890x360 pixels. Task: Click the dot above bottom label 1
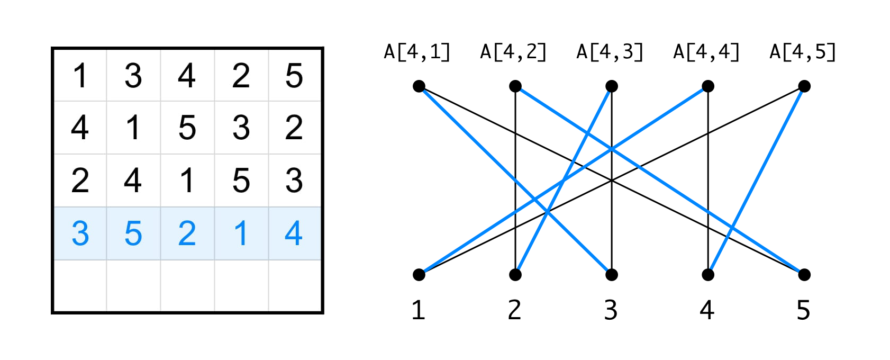click(419, 274)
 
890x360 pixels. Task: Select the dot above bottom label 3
click(612, 274)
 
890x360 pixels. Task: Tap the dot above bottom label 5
click(804, 274)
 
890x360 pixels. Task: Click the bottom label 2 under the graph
click(515, 310)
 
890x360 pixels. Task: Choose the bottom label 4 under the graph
click(707, 310)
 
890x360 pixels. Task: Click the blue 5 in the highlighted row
click(133, 233)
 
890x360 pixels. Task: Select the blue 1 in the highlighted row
click(241, 233)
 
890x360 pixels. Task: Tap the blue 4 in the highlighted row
click(294, 233)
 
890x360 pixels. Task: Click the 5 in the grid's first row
click(294, 76)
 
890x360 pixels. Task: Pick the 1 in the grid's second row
click(133, 128)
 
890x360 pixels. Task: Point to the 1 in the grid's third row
click(187, 181)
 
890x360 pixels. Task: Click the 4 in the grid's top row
click(187, 76)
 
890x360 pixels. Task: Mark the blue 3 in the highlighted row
click(80, 233)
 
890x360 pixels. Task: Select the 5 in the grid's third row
click(241, 181)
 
